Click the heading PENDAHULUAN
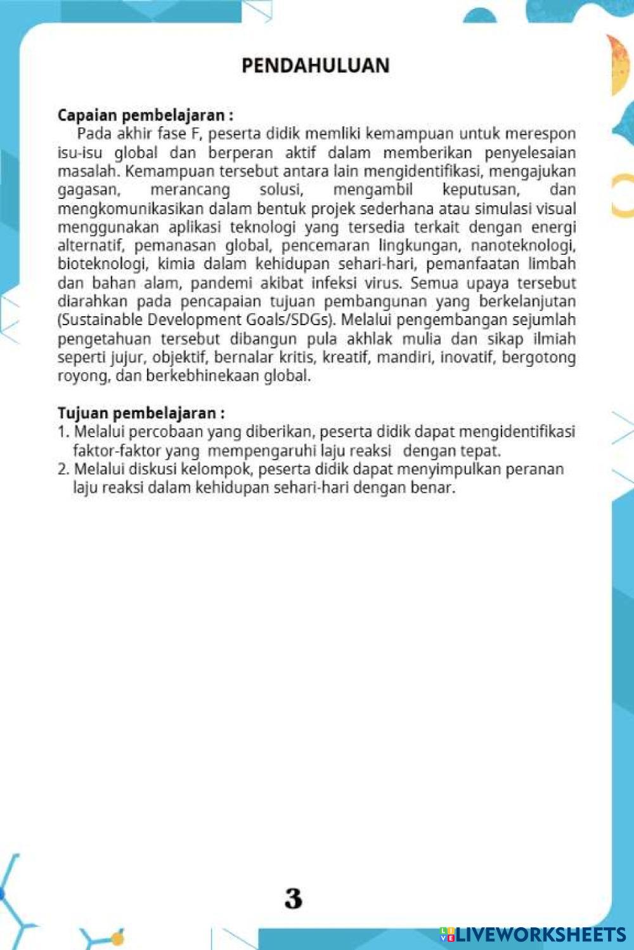(315, 65)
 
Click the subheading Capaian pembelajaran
(145, 115)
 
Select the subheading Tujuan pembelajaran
(141, 413)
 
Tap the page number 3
(294, 899)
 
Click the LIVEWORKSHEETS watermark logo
(534, 935)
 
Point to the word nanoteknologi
(523, 246)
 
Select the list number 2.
(63, 470)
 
